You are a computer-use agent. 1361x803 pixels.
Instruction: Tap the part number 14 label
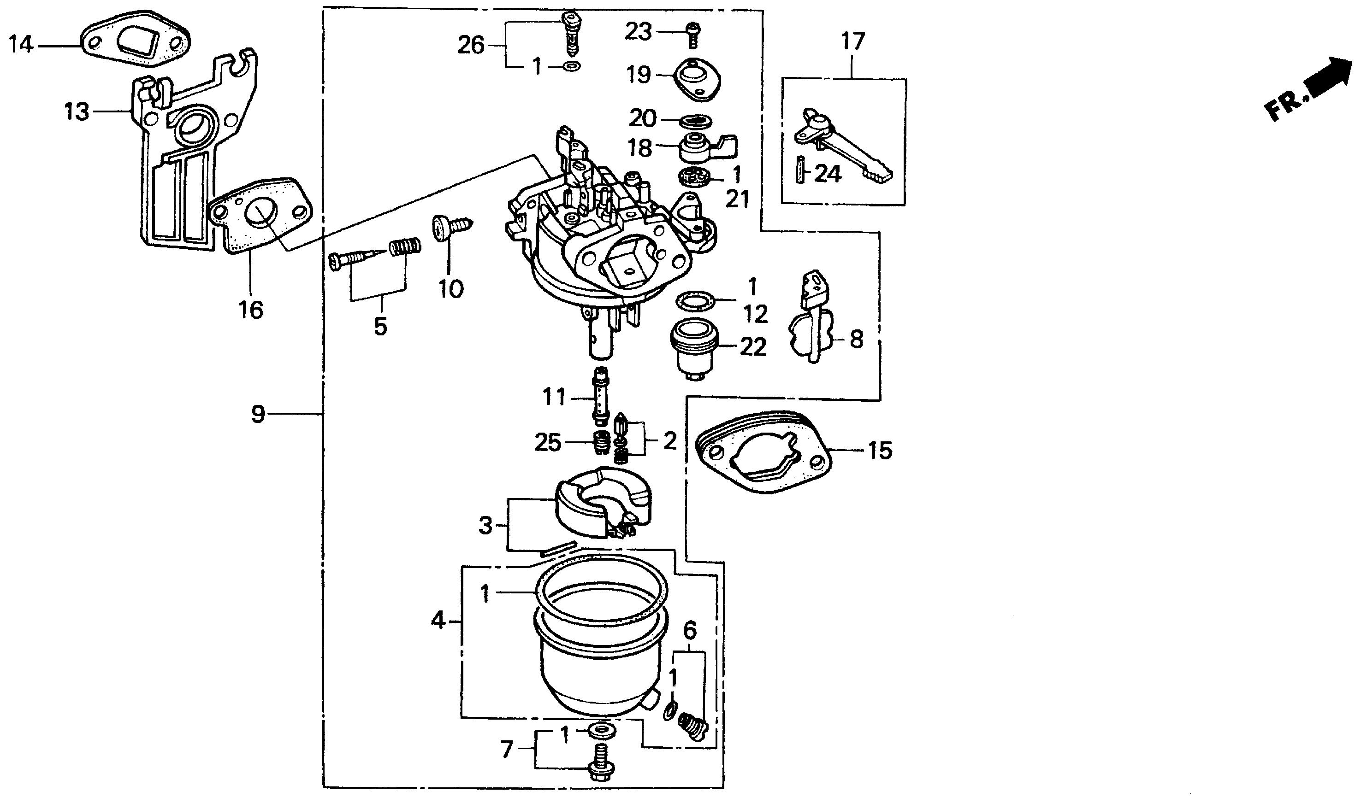(x=21, y=44)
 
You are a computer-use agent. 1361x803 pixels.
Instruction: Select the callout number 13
(x=77, y=112)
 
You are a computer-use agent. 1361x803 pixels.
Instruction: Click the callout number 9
(x=258, y=415)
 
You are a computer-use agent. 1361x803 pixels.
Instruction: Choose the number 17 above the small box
(x=852, y=41)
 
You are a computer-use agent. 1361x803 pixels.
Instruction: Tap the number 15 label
(x=880, y=450)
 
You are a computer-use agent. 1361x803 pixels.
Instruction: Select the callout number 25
(x=547, y=443)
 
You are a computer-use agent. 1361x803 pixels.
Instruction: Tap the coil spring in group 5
(x=404, y=248)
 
